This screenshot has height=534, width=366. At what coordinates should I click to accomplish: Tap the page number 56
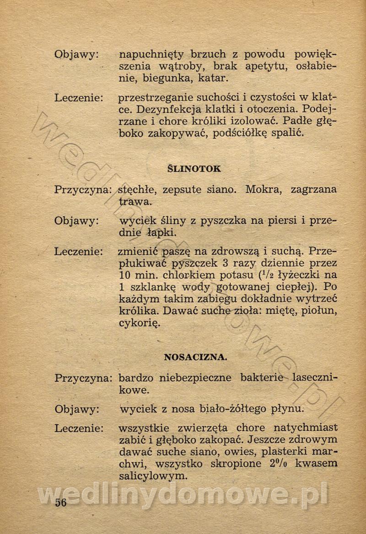point(61,503)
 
